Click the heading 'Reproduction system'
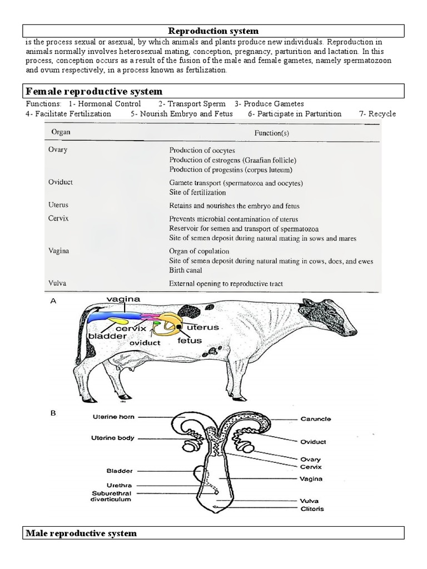pyautogui.click(x=213, y=31)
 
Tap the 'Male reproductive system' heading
pyautogui.click(x=81, y=533)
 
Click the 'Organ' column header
pyautogui.click(x=61, y=133)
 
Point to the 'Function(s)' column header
pyautogui.click(x=271, y=133)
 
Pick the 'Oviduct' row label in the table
pyautogui.click(x=61, y=182)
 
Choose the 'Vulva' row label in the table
pyautogui.click(x=58, y=283)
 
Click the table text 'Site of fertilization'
pyautogui.click(x=197, y=193)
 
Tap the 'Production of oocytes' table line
pyautogui.click(x=202, y=150)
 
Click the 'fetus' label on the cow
pyautogui.click(x=190, y=340)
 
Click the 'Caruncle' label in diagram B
pyautogui.click(x=316, y=419)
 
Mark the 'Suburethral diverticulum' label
pyautogui.click(x=112, y=496)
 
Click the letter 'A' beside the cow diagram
pyautogui.click(x=54, y=301)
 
